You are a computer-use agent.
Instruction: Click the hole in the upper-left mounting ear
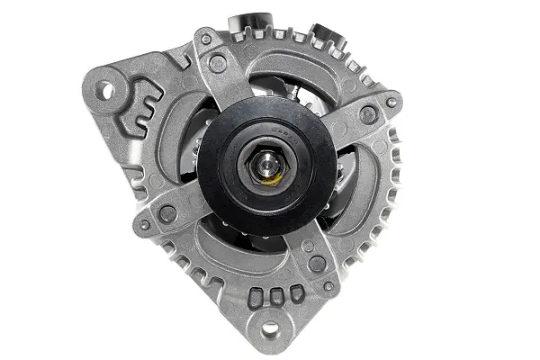click(x=106, y=89)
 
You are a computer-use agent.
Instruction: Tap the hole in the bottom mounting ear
click(x=268, y=328)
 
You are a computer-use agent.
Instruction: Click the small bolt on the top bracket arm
click(x=206, y=40)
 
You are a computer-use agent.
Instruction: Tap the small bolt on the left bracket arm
click(x=144, y=225)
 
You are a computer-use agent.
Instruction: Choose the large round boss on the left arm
click(x=167, y=214)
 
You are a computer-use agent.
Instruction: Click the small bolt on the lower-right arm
click(x=328, y=286)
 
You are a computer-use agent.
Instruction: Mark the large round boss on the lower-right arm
click(x=316, y=264)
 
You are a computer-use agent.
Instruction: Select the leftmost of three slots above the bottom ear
click(x=254, y=295)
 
